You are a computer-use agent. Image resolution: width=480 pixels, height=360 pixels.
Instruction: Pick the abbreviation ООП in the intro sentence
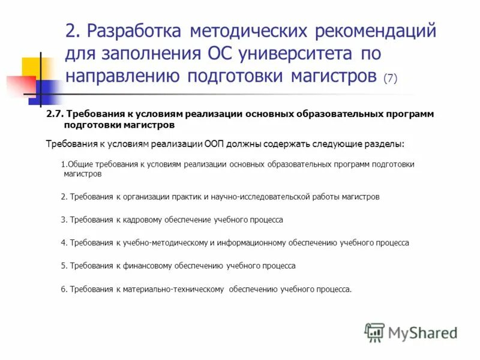(x=214, y=144)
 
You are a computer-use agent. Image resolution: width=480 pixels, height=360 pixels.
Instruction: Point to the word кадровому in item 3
(x=142, y=220)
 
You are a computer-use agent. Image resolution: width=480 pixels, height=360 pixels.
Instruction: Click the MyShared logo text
(x=422, y=332)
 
